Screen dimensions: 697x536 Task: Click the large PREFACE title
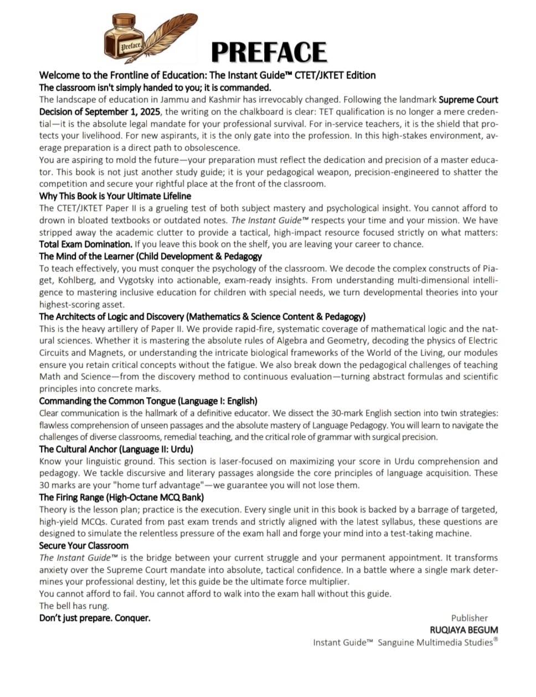pos(269,52)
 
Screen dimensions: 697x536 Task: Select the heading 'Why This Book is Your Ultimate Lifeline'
pos(115,196)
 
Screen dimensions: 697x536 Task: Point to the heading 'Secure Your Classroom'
pos(84,546)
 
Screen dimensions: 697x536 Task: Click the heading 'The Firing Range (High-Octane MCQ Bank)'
pos(121,498)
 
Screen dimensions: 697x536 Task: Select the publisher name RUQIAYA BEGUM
pos(463,630)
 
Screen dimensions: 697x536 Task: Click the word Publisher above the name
pos(469,618)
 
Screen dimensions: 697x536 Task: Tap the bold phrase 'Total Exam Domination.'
pos(85,244)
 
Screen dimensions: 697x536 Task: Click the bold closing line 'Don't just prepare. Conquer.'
pos(95,618)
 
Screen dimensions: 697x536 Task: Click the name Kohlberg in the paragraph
pos(76,280)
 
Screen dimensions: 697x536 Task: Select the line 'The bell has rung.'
pos(74,606)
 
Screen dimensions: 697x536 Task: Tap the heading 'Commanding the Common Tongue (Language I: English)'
pos(148,401)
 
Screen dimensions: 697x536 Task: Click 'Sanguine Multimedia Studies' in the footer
pos(435,643)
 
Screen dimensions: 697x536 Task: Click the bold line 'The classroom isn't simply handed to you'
pos(155,88)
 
